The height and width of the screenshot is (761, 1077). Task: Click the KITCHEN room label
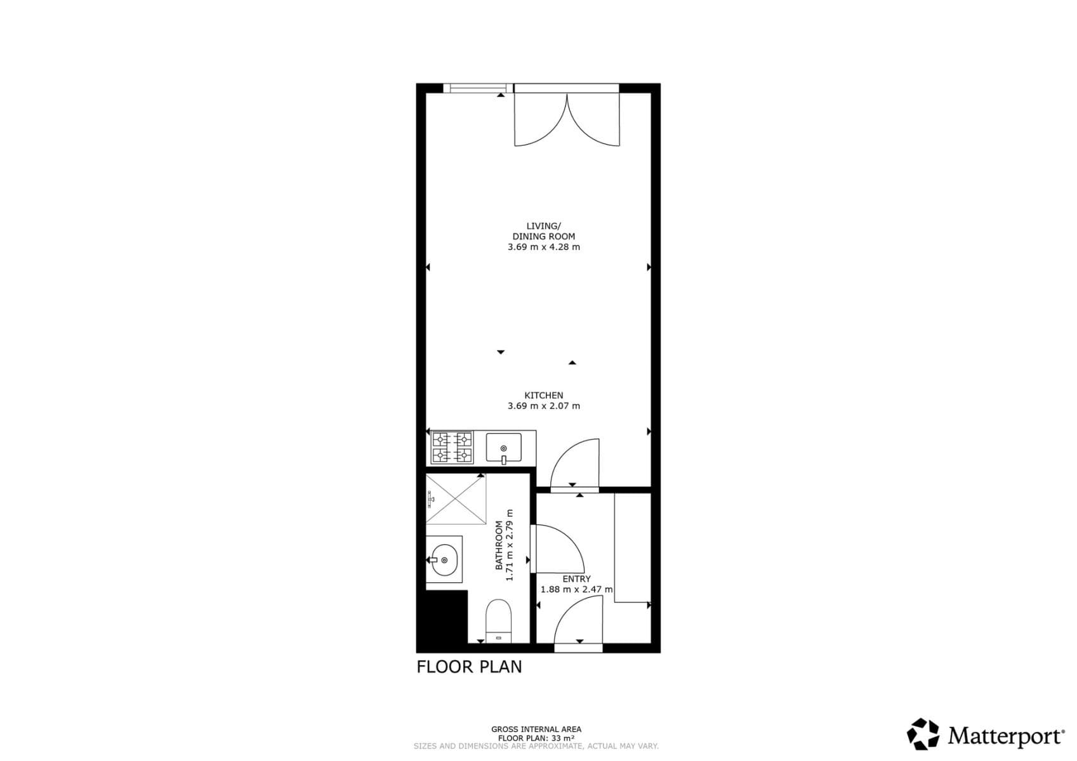[x=543, y=395]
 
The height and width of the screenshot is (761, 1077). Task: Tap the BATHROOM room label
[x=499, y=545]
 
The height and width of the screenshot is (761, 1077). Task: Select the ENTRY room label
[x=576, y=579]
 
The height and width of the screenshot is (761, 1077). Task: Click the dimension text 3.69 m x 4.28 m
[x=543, y=247]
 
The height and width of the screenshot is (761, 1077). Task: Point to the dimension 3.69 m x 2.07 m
[x=543, y=406]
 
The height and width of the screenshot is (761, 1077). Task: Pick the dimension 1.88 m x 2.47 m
[x=576, y=589]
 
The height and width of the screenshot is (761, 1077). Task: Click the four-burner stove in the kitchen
[x=452, y=447]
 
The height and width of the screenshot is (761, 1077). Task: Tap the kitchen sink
[x=503, y=448]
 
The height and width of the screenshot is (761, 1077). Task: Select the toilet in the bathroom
[x=498, y=620]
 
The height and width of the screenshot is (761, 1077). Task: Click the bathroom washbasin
[x=444, y=560]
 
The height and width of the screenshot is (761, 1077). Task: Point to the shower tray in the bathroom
[x=455, y=499]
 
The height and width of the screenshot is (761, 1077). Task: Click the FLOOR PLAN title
[x=469, y=667]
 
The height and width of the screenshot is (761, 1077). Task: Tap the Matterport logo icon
[x=922, y=734]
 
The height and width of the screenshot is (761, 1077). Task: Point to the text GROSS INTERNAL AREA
[x=536, y=729]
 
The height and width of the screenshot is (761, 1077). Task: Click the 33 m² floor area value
[x=562, y=738]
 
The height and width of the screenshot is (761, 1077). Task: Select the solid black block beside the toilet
[x=442, y=617]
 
